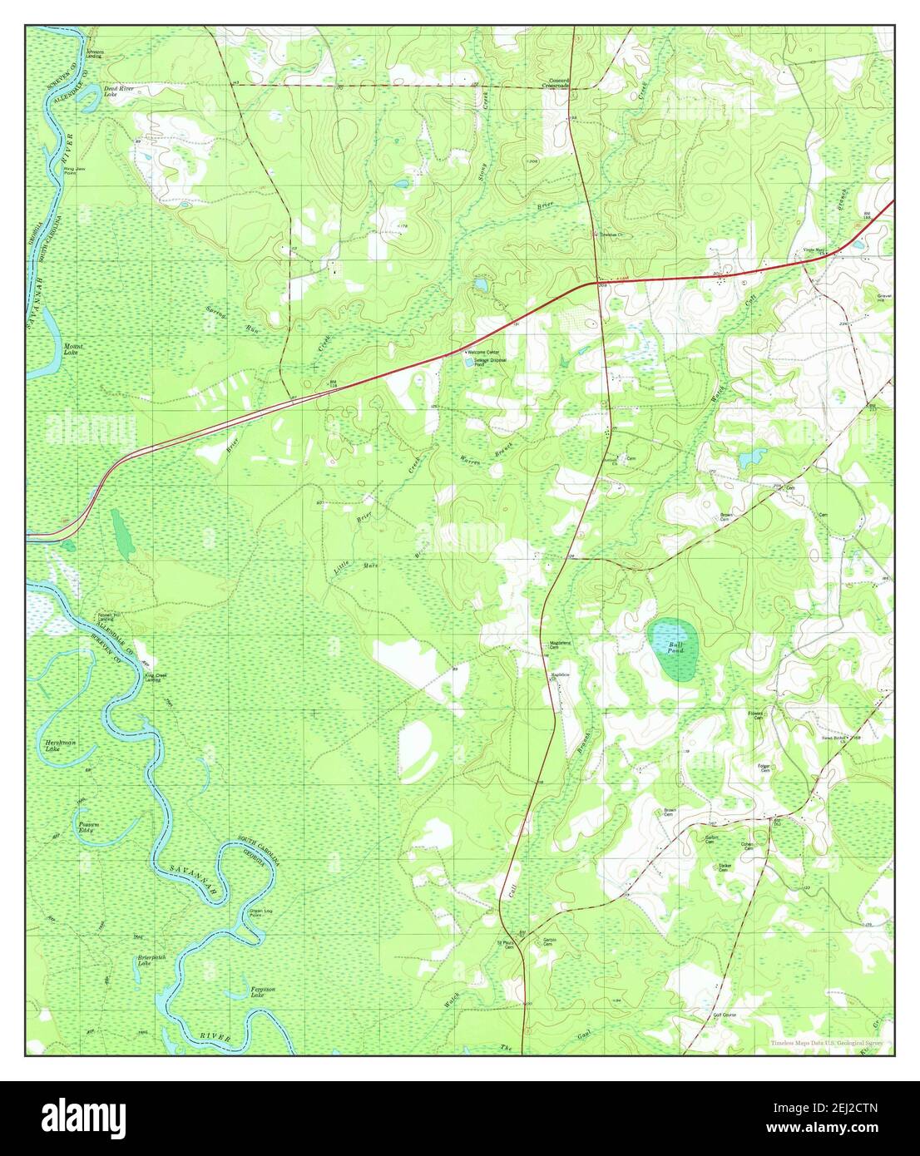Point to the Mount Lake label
click(73, 348)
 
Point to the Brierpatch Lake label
click(152, 961)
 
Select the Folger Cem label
click(764, 767)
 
